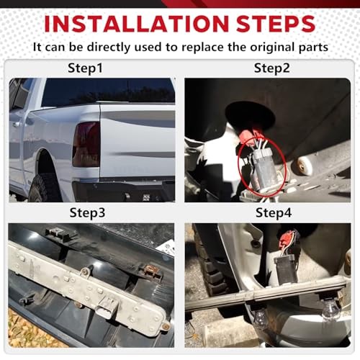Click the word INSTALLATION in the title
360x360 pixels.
136,24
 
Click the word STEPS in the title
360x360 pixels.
276,24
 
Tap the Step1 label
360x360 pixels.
85,68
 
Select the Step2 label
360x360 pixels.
272,68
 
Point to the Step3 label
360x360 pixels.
87,213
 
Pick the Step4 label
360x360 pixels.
274,213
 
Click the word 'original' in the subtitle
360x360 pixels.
273,48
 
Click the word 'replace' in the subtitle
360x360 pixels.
202,47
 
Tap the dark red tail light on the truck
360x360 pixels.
86,144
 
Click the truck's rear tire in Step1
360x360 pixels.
45,188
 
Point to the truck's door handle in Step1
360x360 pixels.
16,125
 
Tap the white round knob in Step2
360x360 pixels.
305,165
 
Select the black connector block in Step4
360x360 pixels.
286,268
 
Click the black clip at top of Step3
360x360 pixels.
60,233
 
